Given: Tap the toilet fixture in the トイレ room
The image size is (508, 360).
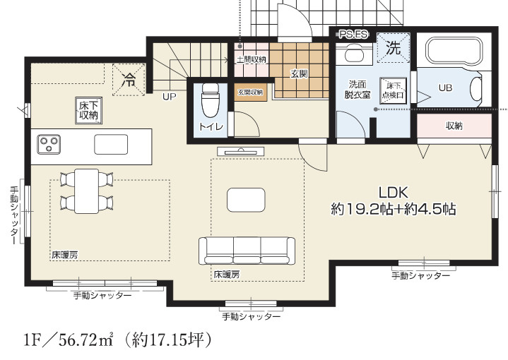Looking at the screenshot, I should tap(210, 103).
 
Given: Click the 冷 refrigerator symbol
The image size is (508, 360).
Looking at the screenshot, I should tap(128, 78).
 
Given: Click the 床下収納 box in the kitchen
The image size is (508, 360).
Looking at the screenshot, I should tap(89, 110).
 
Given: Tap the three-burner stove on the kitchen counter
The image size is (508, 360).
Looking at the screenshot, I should tap(49, 144).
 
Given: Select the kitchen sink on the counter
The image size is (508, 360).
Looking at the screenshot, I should tap(112, 144).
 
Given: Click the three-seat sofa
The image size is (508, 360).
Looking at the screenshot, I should tap(247, 251).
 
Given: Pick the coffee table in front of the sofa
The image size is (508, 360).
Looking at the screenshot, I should tap(246, 200).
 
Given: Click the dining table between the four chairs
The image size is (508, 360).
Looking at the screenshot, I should tap(86, 191).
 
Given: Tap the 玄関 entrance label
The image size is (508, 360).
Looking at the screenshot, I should tap(297, 73).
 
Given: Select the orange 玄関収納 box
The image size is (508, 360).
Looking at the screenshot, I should tap(250, 92).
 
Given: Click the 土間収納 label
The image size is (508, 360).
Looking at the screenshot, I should tap(251, 59).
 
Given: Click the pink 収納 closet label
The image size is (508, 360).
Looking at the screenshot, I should tap(454, 126).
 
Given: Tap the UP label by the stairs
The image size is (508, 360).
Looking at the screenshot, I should tap(170, 96).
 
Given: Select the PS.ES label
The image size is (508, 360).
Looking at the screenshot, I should tap(350, 33).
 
